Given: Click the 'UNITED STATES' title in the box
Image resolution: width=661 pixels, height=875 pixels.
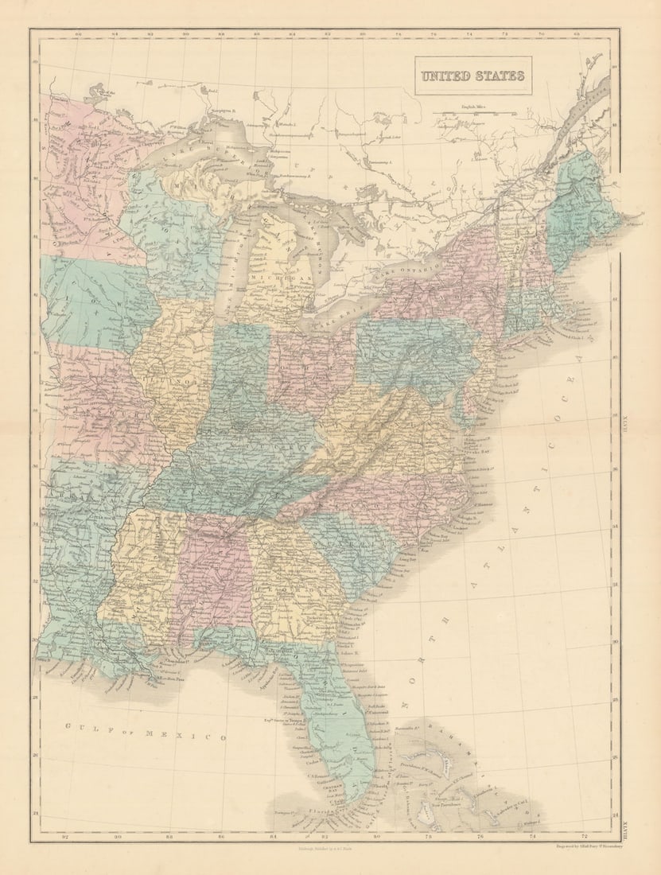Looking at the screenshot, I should pyautogui.click(x=472, y=76).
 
